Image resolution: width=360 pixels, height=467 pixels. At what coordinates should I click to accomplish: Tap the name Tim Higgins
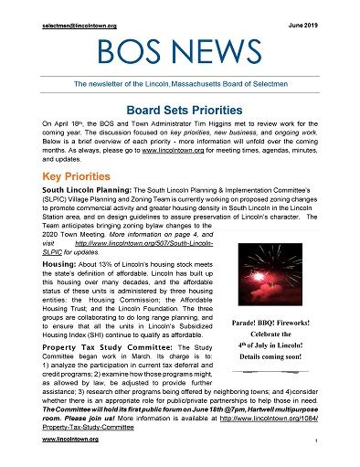point(216,123)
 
